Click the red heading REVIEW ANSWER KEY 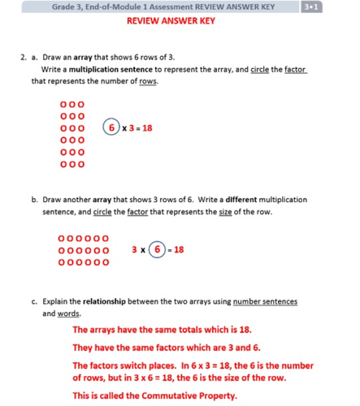171,22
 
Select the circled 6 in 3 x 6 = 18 158,250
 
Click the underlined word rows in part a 147,81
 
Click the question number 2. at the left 24,58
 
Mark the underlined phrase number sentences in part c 265,302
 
